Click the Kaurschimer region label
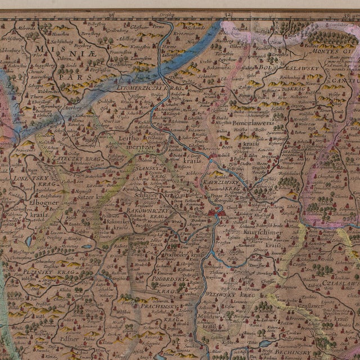[261, 231]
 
